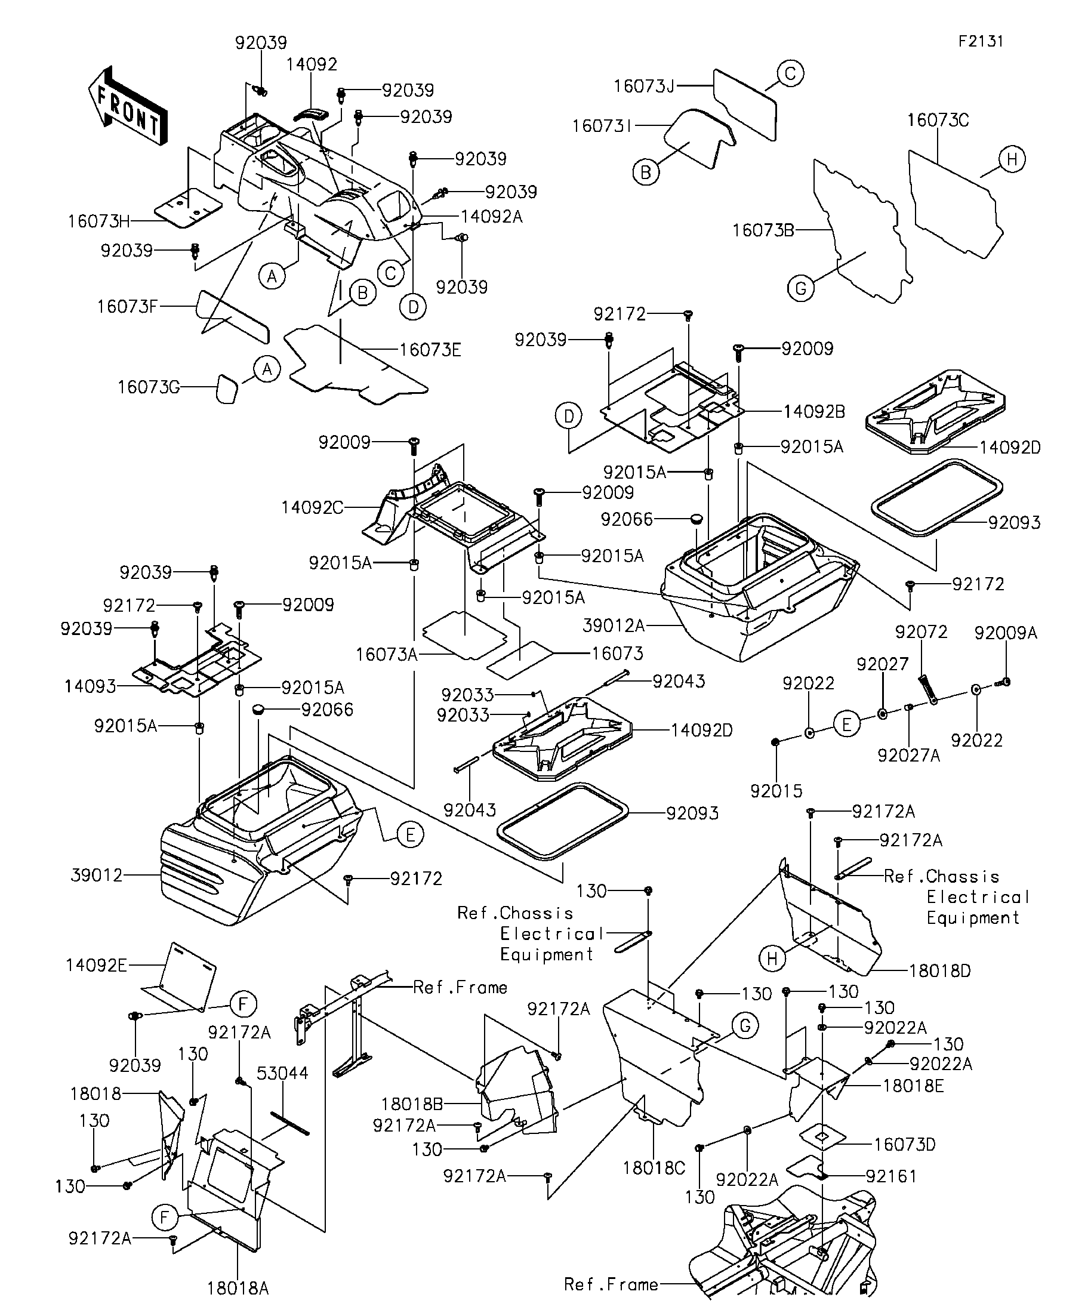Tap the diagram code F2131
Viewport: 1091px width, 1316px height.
click(981, 41)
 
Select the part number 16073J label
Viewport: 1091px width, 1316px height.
click(643, 86)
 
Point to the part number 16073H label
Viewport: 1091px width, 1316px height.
click(99, 221)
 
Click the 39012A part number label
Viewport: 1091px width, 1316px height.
click(614, 625)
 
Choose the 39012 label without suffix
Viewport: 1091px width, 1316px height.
click(97, 876)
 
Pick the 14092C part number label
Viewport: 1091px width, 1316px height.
click(312, 507)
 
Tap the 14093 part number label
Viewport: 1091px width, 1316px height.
click(90, 687)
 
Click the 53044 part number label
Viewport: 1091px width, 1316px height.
click(283, 1074)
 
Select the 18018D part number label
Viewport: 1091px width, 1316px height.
click(940, 972)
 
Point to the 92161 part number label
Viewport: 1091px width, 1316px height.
click(891, 1177)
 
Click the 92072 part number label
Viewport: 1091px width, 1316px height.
click(921, 631)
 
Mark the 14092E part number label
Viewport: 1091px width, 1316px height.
click(97, 965)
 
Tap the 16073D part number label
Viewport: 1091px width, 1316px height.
click(904, 1144)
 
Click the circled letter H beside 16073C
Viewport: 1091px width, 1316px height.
click(1012, 160)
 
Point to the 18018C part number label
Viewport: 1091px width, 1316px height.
click(654, 1167)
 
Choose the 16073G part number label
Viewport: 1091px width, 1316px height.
click(149, 387)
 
